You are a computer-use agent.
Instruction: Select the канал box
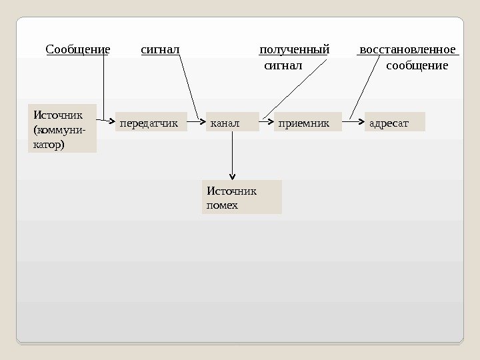pos(232,123)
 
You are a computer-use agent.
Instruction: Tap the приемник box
pos(307,123)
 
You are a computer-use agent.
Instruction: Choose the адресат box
pos(395,123)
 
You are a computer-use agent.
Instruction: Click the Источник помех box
pos(241,197)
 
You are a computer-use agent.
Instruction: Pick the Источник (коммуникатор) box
pos(62,128)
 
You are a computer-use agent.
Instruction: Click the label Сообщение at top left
pos(77,50)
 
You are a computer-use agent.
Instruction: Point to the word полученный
pos(294,50)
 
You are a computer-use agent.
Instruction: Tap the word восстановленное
pos(407,50)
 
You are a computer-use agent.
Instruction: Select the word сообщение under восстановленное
pos(417,66)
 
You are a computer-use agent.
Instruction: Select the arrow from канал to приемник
pos(266,123)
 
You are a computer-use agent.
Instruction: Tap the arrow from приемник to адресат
pos(353,123)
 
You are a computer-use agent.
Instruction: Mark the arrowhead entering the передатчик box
pos(110,122)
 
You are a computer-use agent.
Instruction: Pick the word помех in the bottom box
pos(223,205)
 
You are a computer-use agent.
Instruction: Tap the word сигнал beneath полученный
pos(283,66)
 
